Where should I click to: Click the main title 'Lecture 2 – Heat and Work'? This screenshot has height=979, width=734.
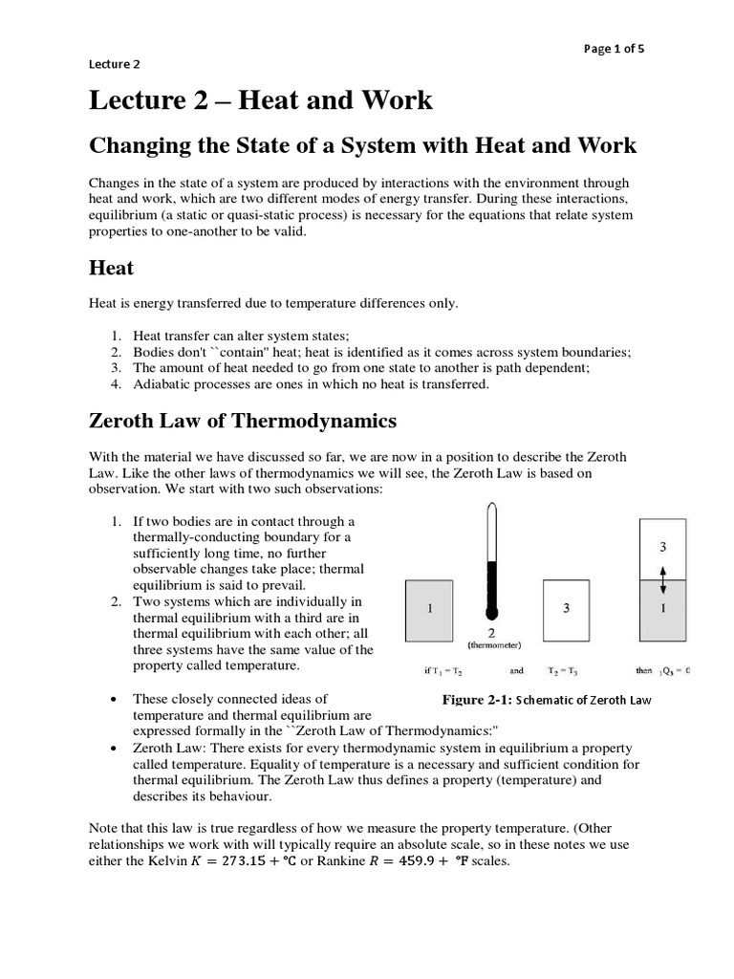click(x=260, y=99)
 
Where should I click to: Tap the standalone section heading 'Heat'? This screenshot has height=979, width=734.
click(x=111, y=269)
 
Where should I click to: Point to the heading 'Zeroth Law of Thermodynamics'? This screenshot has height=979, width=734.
click(x=242, y=421)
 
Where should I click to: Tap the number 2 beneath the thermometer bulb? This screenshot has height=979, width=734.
click(x=491, y=631)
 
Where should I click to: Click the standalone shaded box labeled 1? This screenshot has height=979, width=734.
click(x=432, y=610)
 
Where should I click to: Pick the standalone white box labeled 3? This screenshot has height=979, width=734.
click(x=567, y=610)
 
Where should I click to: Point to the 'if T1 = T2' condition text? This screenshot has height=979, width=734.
click(x=441, y=670)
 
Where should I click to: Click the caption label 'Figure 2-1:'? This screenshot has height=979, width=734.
click(x=477, y=700)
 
